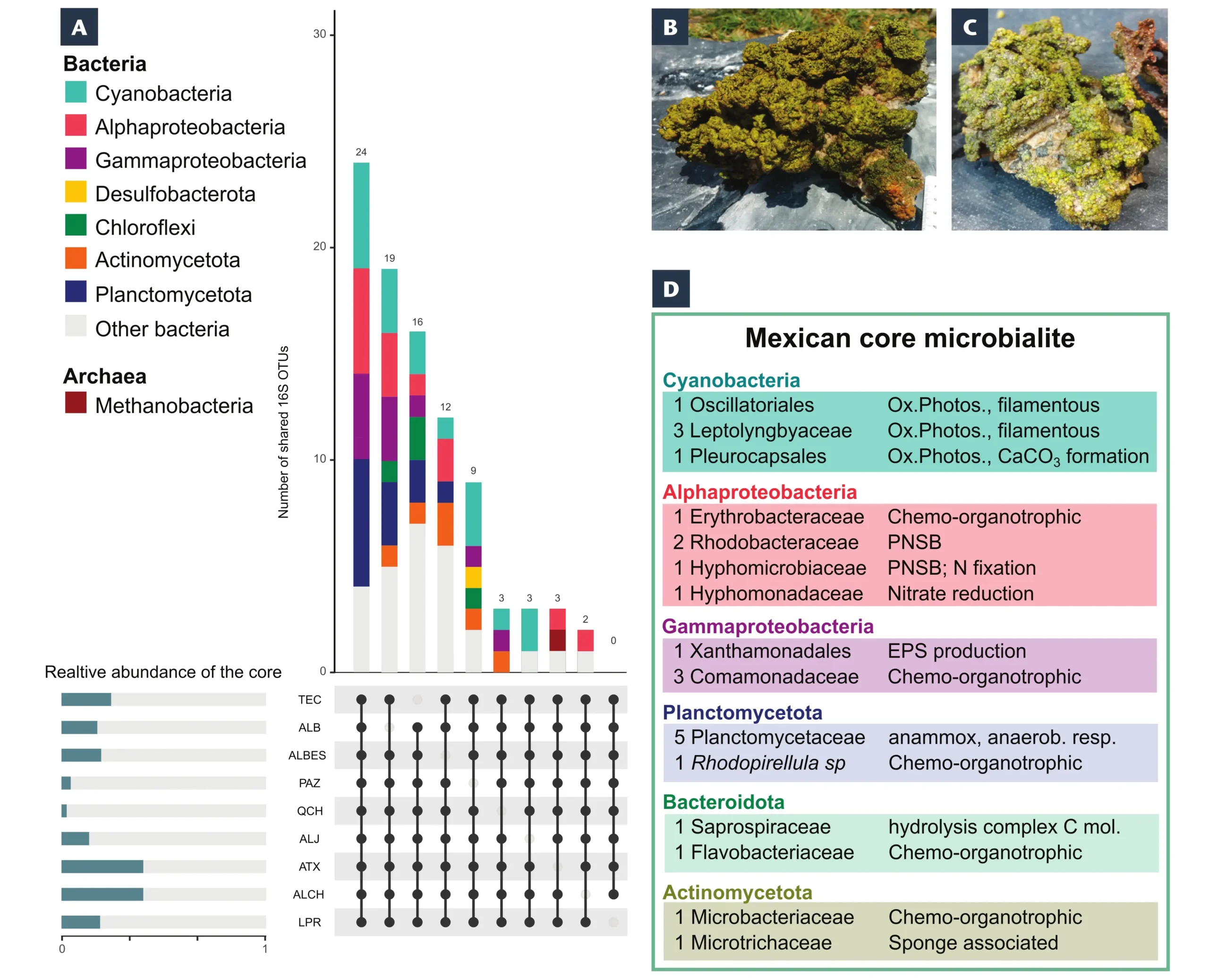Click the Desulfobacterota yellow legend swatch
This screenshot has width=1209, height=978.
76,191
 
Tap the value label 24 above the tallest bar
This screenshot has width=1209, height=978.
361,152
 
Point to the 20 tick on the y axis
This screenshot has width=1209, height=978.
319,246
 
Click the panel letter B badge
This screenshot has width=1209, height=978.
670,26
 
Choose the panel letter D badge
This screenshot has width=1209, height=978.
671,289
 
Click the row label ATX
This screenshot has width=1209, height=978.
309,866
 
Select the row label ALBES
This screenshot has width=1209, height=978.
307,755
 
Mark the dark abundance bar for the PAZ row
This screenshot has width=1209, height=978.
66,783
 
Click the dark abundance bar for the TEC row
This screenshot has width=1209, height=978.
86,700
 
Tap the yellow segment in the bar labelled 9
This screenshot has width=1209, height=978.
473,577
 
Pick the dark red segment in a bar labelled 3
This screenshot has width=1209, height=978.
557,641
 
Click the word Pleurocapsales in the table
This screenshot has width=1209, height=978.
758,456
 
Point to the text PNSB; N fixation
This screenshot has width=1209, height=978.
961,568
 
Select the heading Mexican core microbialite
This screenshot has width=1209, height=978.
910,338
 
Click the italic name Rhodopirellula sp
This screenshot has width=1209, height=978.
768,763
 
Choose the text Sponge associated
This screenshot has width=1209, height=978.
973,943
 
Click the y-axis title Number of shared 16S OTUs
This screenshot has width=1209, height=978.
283,432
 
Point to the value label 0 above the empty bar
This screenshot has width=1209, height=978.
613,641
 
